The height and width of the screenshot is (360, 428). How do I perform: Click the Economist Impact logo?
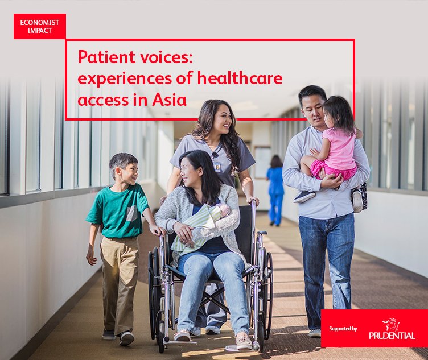tap(39, 26)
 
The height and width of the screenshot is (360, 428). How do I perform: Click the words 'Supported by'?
tap(343, 329)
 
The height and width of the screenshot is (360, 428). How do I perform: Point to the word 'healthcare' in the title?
tap(247, 78)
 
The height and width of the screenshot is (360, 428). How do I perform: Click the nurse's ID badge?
tap(217, 167)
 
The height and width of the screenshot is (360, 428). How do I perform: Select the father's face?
tap(312, 109)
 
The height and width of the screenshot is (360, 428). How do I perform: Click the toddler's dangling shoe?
tap(303, 196)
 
